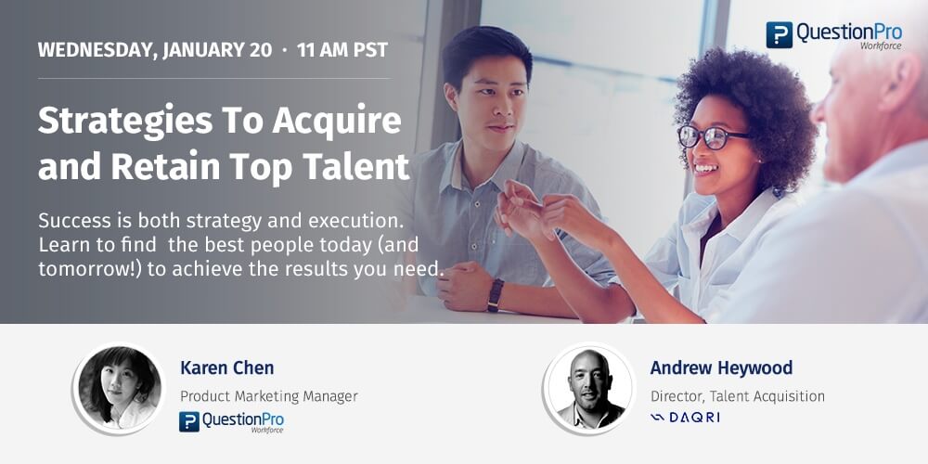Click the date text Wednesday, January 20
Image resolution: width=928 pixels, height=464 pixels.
click(x=154, y=50)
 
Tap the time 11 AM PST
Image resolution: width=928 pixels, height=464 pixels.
click(x=342, y=50)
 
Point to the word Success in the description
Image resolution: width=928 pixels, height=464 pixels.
click(x=77, y=223)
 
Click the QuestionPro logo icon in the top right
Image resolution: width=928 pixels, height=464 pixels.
click(x=779, y=34)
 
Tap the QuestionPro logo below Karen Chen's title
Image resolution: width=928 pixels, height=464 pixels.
click(x=231, y=422)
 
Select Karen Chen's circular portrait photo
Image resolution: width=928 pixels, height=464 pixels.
click(x=120, y=389)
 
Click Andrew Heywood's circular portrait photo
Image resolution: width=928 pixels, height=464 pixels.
click(x=589, y=389)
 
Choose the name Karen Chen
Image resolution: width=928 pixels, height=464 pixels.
click(x=227, y=368)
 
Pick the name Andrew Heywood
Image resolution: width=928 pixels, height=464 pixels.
click(x=721, y=368)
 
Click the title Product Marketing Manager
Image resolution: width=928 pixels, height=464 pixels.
click(x=269, y=396)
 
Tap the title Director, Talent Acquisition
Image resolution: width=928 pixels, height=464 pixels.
click(x=738, y=396)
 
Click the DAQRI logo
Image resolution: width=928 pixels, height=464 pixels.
click(x=686, y=418)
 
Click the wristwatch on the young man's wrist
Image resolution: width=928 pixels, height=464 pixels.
click(x=496, y=294)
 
